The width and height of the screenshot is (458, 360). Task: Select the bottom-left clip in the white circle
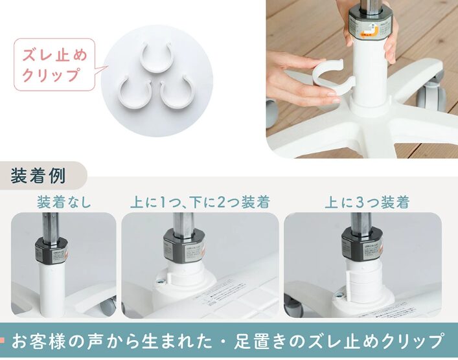(x=132, y=90)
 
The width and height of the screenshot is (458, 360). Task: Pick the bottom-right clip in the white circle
(x=177, y=93)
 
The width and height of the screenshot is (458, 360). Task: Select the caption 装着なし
(x=64, y=202)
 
